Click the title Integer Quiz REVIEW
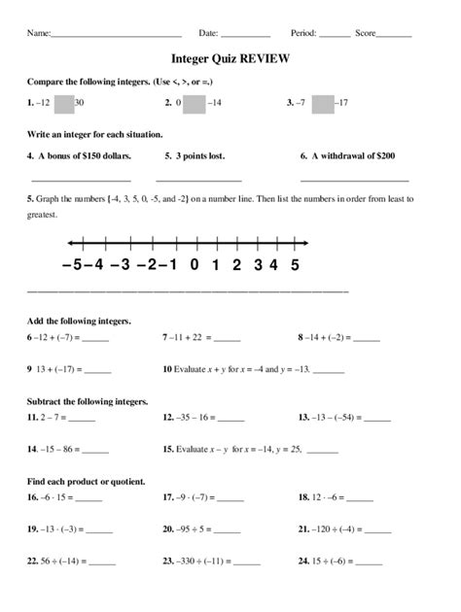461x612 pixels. coord(230,58)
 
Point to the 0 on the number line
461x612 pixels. coord(195,263)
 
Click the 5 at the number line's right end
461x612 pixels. coord(295,263)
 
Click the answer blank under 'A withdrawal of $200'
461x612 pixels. coord(354,179)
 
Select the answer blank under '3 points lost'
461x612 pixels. coord(198,179)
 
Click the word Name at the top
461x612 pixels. coord(38,33)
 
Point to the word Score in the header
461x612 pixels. coord(366,33)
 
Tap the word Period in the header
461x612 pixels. coord(304,33)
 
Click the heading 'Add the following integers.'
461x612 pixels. coord(79,320)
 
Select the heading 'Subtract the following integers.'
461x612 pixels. coord(88,400)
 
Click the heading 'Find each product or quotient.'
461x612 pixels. coord(87,481)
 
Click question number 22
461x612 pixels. coord(33,562)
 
